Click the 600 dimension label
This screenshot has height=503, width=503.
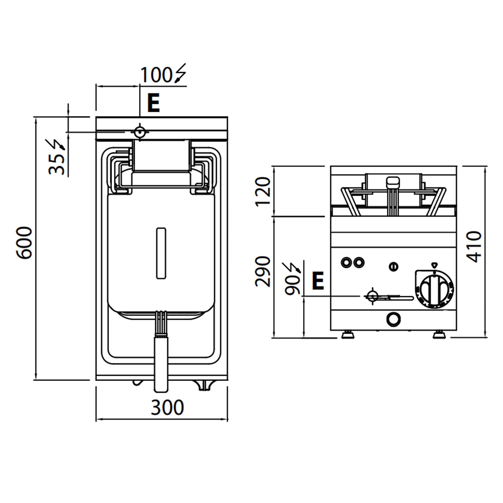point(24,243)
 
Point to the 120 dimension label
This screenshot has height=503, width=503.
point(263,192)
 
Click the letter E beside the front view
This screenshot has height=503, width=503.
point(318,281)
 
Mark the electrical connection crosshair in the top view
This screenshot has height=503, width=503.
point(140,132)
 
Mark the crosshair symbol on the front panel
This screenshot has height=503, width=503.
point(372,296)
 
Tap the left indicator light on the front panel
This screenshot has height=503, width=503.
point(346,262)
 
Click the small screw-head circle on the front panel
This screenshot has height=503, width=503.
point(393,267)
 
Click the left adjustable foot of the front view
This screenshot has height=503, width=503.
point(348,334)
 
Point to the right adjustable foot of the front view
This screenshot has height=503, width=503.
point(439,334)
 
